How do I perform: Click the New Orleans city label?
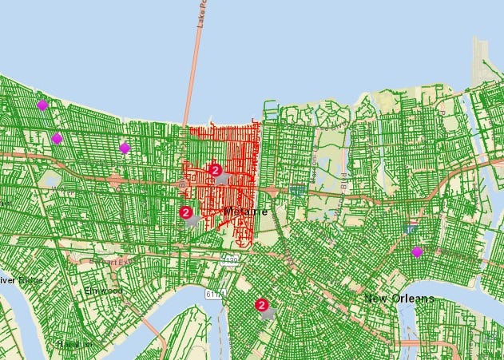point(399,299)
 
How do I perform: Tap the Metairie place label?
point(246,211)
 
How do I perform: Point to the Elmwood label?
point(104,291)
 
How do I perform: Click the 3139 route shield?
point(230,259)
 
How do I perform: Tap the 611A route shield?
point(214,295)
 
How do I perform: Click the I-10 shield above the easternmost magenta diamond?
point(411,229)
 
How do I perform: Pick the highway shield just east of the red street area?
point(298,190)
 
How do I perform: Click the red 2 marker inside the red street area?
point(215,169)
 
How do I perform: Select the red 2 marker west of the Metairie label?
point(186,212)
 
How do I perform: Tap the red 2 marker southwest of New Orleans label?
point(261,304)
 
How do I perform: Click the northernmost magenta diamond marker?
point(42,105)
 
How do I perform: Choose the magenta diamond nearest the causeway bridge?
point(125,148)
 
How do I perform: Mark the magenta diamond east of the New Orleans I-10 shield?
point(417,252)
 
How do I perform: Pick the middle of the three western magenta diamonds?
point(57,138)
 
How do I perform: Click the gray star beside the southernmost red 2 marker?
point(268,313)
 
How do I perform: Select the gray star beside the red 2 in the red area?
point(223,179)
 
